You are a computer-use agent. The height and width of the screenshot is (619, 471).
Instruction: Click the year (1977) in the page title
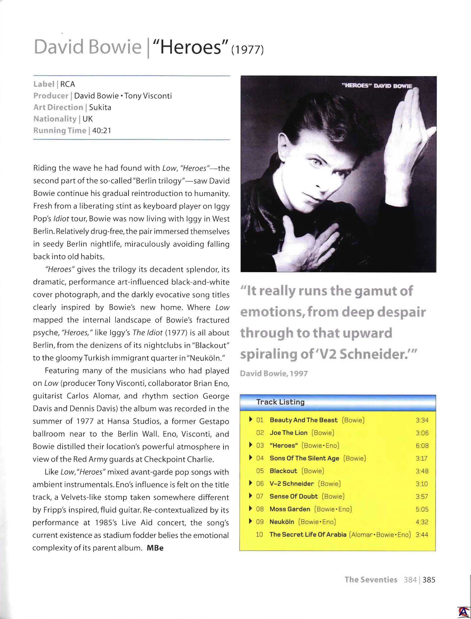pyautogui.click(x=248, y=51)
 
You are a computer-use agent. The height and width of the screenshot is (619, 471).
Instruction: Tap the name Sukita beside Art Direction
pyautogui.click(x=100, y=108)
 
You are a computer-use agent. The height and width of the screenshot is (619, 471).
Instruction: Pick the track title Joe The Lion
pyautogui.click(x=289, y=433)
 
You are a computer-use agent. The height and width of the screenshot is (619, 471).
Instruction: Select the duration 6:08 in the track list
pyautogui.click(x=422, y=445)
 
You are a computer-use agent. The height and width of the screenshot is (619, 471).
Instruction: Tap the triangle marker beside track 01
pyautogui.click(x=251, y=420)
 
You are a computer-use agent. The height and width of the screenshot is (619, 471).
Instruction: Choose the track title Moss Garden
pyautogui.click(x=290, y=509)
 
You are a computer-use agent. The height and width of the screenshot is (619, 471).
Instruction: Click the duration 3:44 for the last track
pyautogui.click(x=422, y=535)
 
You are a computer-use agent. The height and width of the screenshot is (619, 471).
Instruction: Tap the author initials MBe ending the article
pyautogui.click(x=155, y=548)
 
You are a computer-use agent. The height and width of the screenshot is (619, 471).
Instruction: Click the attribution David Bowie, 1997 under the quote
pyautogui.click(x=274, y=373)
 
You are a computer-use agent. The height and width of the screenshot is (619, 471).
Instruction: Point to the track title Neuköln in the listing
pyautogui.click(x=282, y=522)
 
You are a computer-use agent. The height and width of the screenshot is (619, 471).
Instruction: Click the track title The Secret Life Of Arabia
pyautogui.click(x=308, y=535)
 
